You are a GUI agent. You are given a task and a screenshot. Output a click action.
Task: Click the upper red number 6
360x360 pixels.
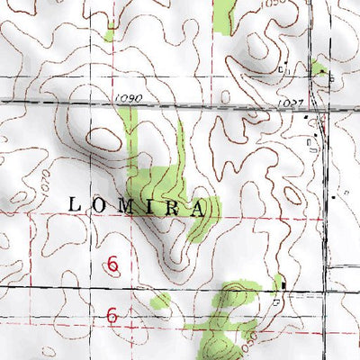113,265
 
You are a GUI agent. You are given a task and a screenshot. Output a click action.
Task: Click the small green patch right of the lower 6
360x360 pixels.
161,301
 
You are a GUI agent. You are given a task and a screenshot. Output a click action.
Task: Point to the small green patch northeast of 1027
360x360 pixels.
319,68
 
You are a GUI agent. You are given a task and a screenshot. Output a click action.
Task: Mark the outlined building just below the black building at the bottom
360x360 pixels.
277,303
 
